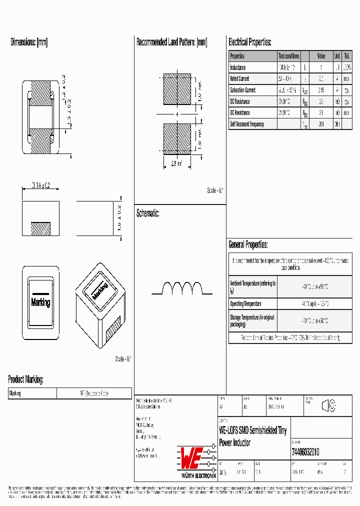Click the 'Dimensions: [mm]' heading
click(29, 42)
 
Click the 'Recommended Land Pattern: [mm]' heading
click(171, 42)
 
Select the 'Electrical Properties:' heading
click(249, 42)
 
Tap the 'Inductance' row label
click(238, 67)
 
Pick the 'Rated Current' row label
click(239, 78)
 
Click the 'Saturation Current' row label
click(242, 90)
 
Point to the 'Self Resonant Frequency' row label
click(246, 124)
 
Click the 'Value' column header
click(321, 56)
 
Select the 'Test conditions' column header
click(288, 56)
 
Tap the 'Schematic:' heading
click(148, 213)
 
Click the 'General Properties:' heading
click(248, 245)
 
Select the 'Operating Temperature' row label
click(245, 304)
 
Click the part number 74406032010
click(305, 452)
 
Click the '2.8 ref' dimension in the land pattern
click(176, 163)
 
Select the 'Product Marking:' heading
click(25, 379)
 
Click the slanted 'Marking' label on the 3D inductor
click(100, 291)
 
